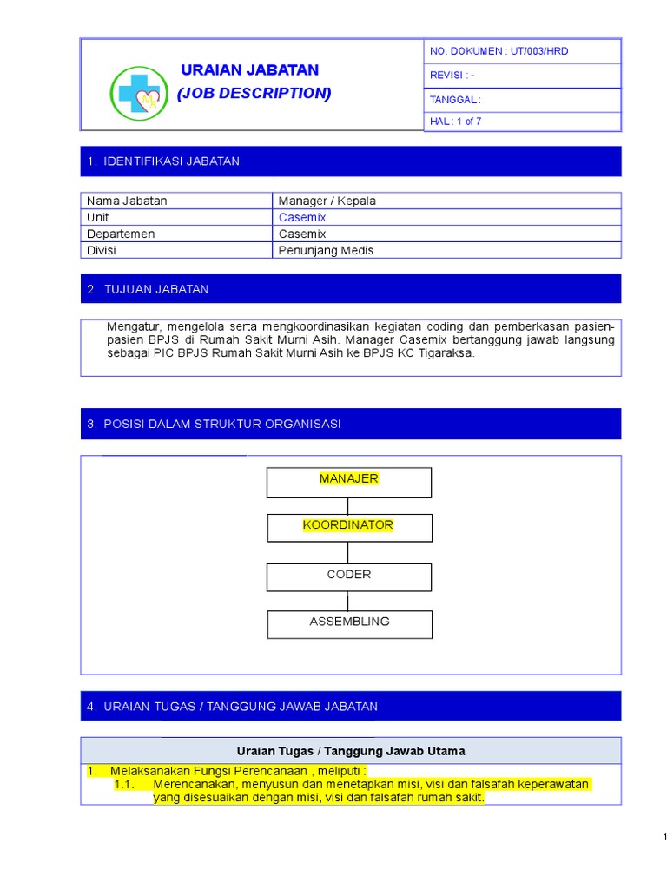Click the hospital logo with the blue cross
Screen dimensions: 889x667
140,93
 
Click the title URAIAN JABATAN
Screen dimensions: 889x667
249,70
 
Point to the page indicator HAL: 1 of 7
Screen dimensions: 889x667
455,122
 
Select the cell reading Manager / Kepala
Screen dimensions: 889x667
327,201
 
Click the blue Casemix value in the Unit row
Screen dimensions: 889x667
302,217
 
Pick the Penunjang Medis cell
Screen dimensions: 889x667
326,250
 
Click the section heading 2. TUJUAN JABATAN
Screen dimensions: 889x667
148,289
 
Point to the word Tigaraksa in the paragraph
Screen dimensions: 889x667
446,353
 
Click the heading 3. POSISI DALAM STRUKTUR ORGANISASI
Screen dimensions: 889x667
214,424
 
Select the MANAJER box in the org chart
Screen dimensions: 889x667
348,482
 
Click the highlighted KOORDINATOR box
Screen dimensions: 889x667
348,528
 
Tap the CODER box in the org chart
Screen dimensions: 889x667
348,576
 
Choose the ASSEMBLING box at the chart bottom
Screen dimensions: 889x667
348,623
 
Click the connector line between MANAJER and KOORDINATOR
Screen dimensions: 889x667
348,506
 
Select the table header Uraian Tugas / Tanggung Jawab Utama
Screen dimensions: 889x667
351,751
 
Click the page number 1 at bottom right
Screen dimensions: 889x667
664,837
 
